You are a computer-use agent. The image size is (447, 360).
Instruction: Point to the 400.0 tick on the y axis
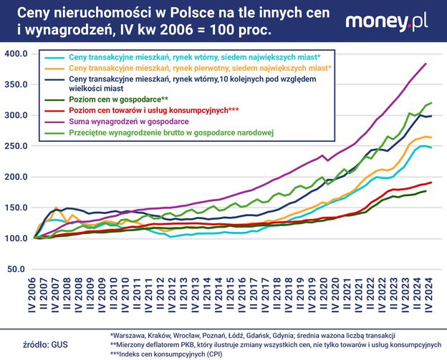pos(16,54)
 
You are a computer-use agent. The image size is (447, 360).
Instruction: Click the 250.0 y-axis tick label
pos(16,146)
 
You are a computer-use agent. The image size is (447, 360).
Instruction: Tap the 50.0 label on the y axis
pos(18,269)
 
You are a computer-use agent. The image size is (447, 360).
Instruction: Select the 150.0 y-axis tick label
pos(16,208)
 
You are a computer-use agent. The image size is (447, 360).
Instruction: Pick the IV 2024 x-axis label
pos(428,298)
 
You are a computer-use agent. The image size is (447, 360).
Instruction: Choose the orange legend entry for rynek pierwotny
pos(200,67)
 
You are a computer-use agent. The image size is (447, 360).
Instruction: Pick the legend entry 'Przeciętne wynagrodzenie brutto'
pos(176,132)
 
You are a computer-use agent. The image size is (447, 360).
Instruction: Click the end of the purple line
pos(426,64)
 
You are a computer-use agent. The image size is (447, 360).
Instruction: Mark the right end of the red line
pos(431,183)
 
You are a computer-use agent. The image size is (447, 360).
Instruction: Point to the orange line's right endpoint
pos(431,137)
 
